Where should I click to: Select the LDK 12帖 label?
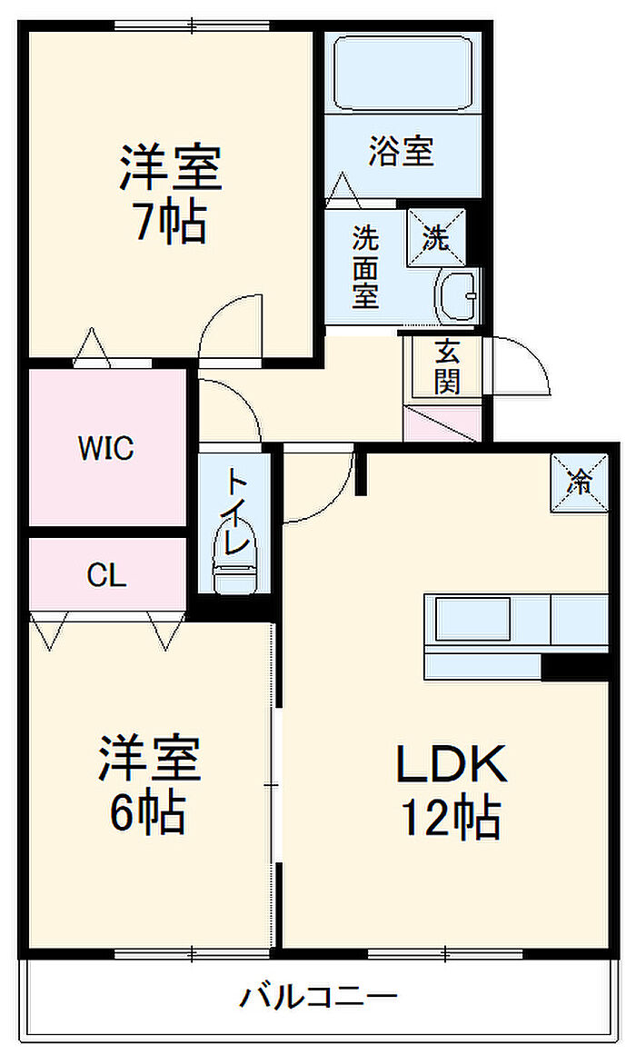coord(451,790)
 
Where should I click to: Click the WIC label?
coord(105,447)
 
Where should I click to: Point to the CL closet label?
coord(106,575)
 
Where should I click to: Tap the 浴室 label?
coord(401,152)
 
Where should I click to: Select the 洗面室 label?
coord(365,267)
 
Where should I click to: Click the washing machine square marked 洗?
coord(436,239)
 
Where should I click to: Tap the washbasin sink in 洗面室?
coord(458,296)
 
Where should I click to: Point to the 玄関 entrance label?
coord(446,366)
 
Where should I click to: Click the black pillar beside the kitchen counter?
coord(574,666)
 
